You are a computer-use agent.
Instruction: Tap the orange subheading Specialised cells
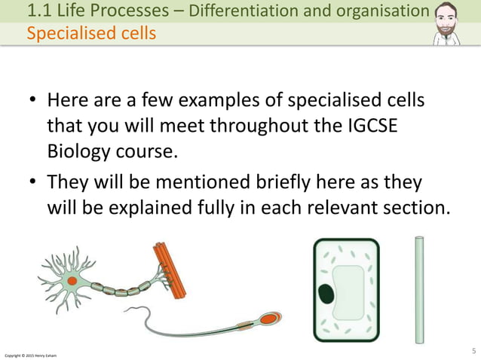(x=91, y=34)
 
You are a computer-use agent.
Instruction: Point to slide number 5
(x=473, y=349)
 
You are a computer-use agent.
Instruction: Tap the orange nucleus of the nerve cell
(x=72, y=281)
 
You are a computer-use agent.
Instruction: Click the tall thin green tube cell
(x=419, y=289)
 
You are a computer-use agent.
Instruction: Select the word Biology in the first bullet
(x=81, y=150)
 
